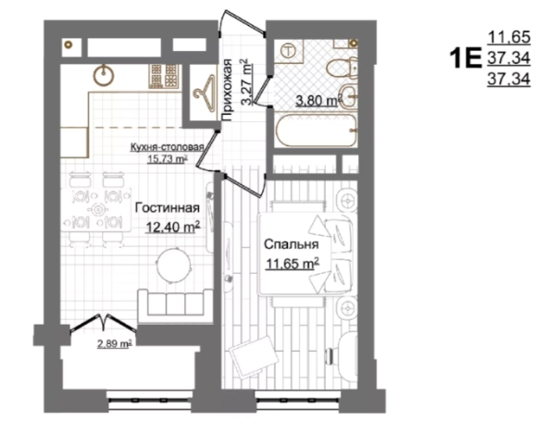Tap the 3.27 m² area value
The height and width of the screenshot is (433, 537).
246,81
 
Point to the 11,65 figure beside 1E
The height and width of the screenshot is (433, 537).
508,38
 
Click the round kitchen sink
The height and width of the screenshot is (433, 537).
104,74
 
